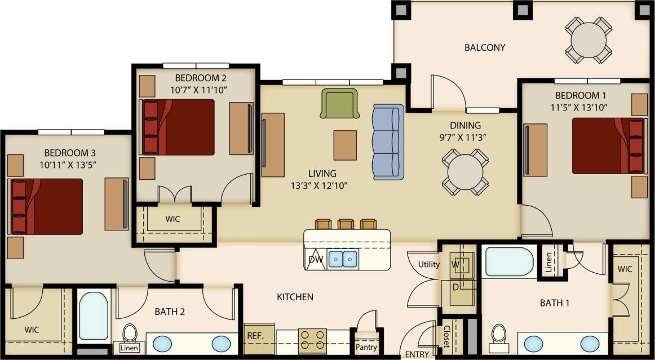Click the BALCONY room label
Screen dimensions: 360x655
pos(485,47)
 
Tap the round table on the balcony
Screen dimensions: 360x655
pos(588,39)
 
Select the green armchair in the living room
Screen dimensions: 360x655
pos(339,103)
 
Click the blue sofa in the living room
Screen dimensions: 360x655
pos(388,141)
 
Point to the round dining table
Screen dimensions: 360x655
pos(465,171)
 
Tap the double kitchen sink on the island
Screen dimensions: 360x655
pos(343,259)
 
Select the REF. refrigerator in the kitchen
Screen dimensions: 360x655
pos(259,339)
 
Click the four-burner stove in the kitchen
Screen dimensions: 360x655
pos(312,340)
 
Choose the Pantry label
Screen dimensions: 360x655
pos(366,347)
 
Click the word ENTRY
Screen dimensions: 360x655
pos(417,354)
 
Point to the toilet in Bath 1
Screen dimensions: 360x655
pos(499,335)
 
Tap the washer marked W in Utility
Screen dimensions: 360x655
pos(458,263)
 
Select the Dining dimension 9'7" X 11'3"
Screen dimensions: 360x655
pos(464,137)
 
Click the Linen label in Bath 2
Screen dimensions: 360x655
pos(129,348)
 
